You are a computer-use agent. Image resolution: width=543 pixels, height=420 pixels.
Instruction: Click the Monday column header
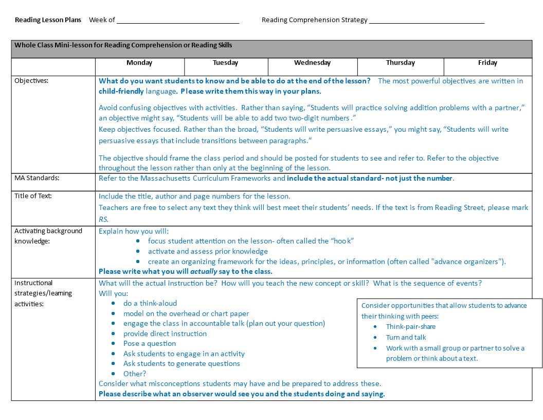point(139,63)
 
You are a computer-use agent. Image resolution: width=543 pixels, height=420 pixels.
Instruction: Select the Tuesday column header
point(226,63)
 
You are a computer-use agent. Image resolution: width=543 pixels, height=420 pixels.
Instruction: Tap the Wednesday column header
point(312,63)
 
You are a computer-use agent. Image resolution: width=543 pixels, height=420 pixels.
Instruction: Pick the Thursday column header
point(400,63)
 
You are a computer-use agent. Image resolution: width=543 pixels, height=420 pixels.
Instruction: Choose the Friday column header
point(487,63)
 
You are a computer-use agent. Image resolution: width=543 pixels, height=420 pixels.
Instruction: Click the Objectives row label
point(31,81)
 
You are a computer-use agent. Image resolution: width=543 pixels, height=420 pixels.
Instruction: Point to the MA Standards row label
point(37,178)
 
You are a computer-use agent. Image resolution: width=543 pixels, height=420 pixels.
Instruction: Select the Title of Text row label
point(33,196)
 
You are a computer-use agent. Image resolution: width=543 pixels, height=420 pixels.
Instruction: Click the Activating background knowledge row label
point(48,236)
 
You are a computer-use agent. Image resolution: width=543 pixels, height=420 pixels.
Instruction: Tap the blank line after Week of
point(178,21)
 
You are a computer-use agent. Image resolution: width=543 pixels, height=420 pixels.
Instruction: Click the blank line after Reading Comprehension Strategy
point(427,21)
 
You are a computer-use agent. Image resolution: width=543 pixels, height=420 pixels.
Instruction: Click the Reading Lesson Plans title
point(48,20)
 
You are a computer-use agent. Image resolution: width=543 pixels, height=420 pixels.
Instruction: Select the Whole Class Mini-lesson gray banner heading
point(123,45)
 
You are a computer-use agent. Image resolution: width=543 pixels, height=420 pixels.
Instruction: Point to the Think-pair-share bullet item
point(410,327)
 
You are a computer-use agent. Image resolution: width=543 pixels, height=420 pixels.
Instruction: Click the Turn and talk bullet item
point(406,338)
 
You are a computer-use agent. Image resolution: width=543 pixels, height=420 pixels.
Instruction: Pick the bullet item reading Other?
point(135,374)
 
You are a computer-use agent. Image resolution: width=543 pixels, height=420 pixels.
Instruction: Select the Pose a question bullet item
point(150,344)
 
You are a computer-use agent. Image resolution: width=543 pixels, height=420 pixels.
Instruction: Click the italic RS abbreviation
point(103,219)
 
